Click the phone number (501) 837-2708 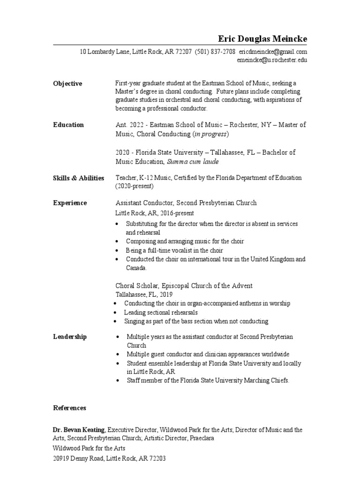pyautogui.click(x=215, y=52)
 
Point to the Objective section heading pyautogui.click(x=67, y=83)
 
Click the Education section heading pyautogui.click(x=68, y=125)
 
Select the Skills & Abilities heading pyautogui.click(x=79, y=178)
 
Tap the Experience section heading pyautogui.click(x=70, y=203)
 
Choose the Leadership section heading pyautogui.click(x=70, y=337)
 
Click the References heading pyautogui.click(x=69, y=408)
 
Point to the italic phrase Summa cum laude pyautogui.click(x=193, y=162)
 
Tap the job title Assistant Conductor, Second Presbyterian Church pyautogui.click(x=186, y=203)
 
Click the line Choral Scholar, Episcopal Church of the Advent pyautogui.click(x=184, y=286)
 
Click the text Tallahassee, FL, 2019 pyautogui.click(x=144, y=295)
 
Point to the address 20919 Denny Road pyautogui.click(x=80, y=458)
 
